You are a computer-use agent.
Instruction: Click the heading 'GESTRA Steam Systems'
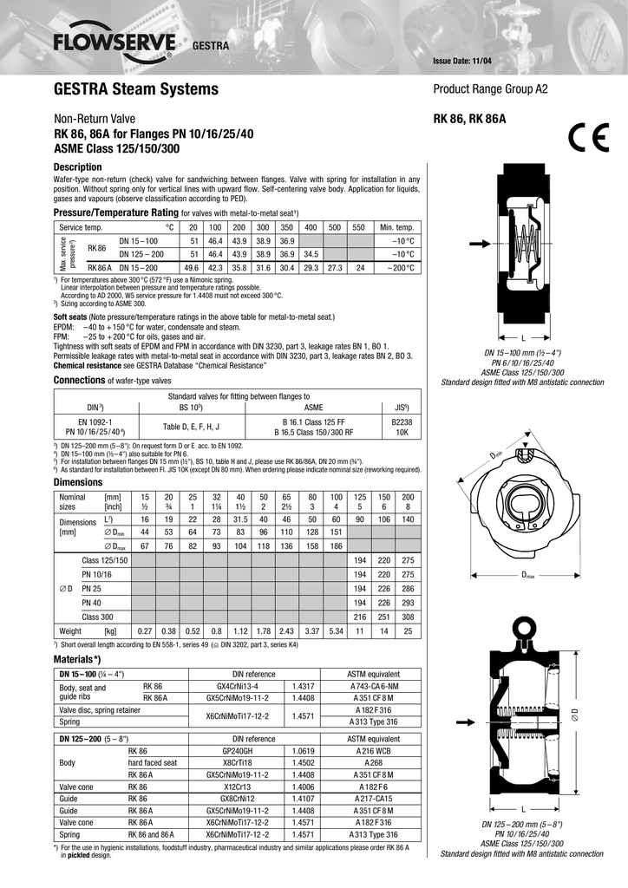pos(136,89)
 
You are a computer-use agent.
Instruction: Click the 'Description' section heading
pos(78,166)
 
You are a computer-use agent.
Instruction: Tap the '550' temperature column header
pos(358,227)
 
